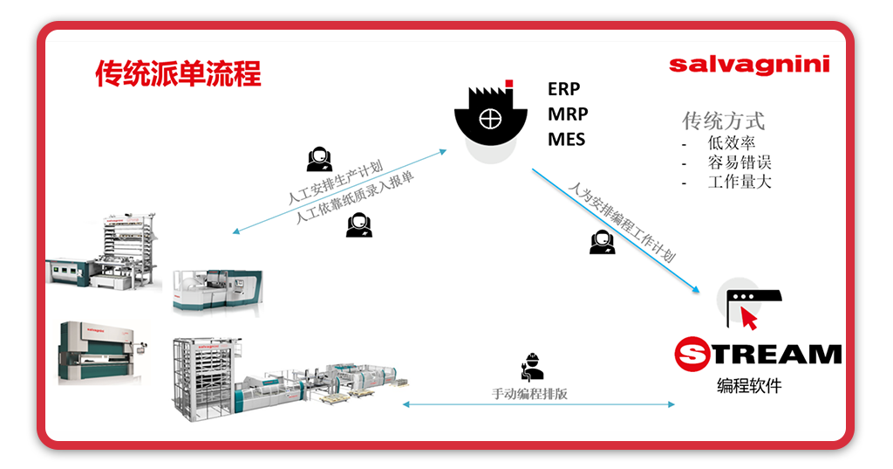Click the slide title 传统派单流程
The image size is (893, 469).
pos(178,74)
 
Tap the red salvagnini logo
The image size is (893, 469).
pos(749,65)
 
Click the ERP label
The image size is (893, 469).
pos(563,89)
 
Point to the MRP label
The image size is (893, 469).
pos(568,114)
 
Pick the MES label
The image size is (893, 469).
pos(566,139)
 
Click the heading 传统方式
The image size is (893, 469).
pos(723,120)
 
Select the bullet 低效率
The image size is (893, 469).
pos(732,143)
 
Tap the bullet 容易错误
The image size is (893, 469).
pos(740,162)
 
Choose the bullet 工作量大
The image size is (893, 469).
pos(740,182)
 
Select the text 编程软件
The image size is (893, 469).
pos(749,385)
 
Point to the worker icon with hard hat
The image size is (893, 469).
pos(531,367)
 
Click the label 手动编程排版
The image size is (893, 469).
pos(529,394)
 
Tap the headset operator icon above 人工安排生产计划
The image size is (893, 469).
pos(319,158)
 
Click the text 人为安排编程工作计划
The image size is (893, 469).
pos(622,223)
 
